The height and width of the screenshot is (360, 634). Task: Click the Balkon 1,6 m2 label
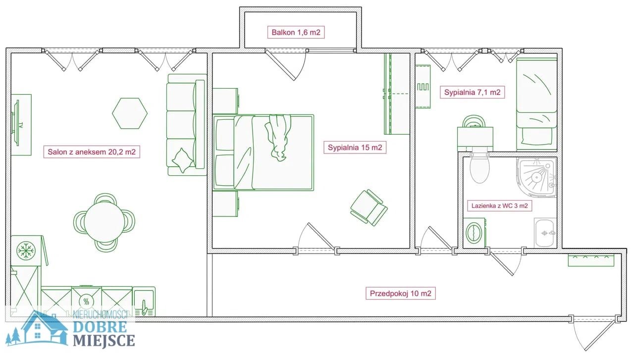(296, 32)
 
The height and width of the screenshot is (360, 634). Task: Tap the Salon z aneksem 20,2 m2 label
(92, 152)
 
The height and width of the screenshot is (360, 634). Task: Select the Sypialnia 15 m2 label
(355, 148)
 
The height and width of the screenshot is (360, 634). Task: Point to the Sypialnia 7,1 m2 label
(472, 92)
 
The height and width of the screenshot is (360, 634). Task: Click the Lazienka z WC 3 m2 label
(500, 206)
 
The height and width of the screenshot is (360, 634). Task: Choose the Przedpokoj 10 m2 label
(401, 293)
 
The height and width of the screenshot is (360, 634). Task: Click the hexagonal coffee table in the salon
(130, 113)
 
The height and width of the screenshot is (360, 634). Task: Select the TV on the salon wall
(15, 123)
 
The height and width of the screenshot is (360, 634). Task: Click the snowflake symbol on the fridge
(26, 251)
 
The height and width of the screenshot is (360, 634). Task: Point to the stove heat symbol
(87, 302)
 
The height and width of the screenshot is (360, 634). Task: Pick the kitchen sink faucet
(144, 308)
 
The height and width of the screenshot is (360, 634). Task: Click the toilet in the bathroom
(479, 168)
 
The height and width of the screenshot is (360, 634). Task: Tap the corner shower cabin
(536, 177)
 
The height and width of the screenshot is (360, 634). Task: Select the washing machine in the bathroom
(475, 233)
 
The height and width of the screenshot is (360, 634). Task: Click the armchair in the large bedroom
(369, 208)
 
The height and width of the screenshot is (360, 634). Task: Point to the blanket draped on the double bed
(277, 138)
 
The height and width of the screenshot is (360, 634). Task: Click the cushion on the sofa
(183, 160)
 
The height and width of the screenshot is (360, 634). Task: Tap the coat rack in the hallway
(591, 260)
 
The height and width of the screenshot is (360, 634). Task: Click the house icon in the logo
(45, 328)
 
